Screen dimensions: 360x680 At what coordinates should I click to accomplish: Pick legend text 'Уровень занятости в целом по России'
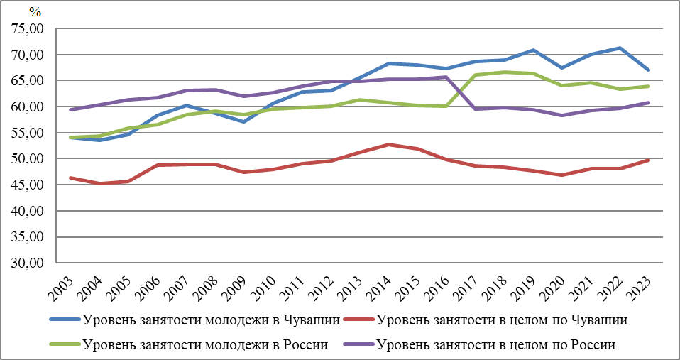tap(496, 345)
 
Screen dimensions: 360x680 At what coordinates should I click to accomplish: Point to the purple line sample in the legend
tap(358, 345)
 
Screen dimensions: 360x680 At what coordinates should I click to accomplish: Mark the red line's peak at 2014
tap(388, 145)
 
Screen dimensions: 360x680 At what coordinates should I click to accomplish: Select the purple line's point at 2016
tap(446, 77)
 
